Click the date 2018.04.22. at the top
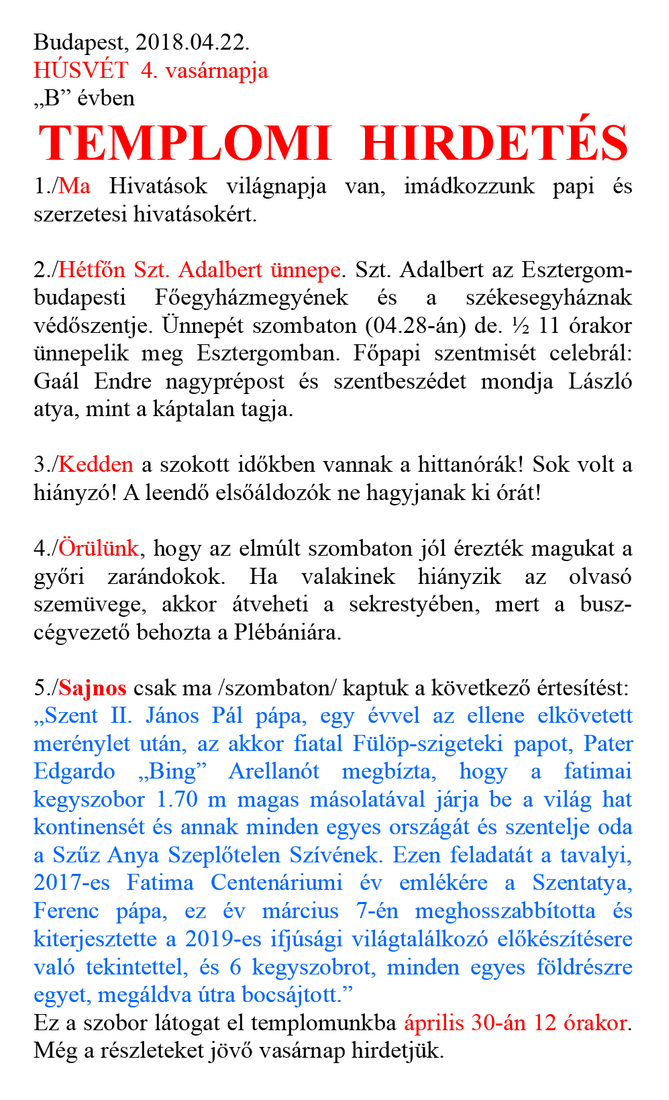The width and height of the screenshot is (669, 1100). click(192, 42)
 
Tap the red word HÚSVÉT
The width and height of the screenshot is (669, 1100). click(81, 70)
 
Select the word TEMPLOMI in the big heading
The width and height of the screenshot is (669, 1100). click(185, 143)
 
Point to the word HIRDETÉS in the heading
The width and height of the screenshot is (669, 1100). click(495, 143)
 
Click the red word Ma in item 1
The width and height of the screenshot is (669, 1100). click(74, 186)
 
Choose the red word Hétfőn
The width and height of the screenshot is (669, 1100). click(92, 270)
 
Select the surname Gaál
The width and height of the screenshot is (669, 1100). click(56, 381)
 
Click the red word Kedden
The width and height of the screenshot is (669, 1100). click(96, 464)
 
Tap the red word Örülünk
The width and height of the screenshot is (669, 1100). click(99, 548)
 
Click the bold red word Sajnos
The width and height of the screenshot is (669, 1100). click(93, 688)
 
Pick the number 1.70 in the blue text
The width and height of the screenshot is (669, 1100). click(177, 800)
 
